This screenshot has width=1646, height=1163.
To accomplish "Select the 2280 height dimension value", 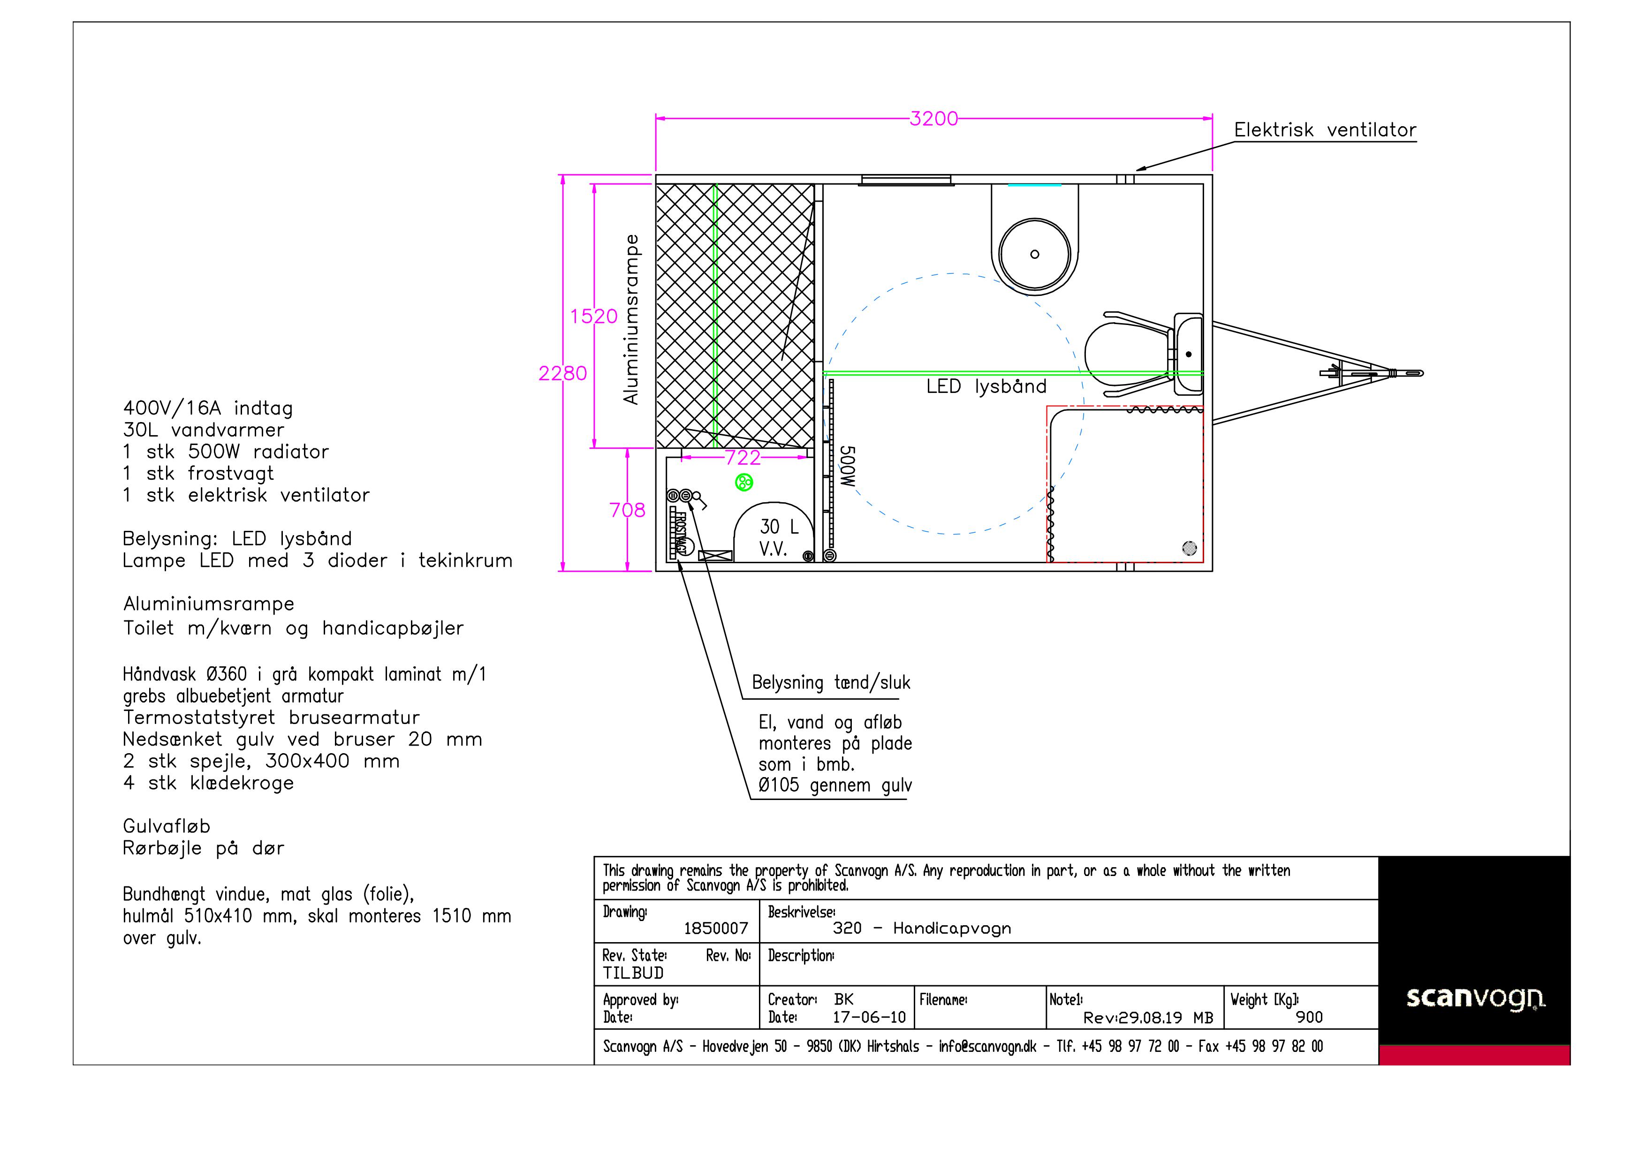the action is pos(563,373).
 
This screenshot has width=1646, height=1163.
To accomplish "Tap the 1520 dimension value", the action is pos(593,316).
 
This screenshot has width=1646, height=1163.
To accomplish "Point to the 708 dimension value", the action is pos(627,510).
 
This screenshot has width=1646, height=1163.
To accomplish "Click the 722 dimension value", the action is pos(742,458).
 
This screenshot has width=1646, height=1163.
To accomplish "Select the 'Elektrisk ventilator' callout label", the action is pos(1325,130).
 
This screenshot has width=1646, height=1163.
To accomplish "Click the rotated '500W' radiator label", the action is pos(847,467).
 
